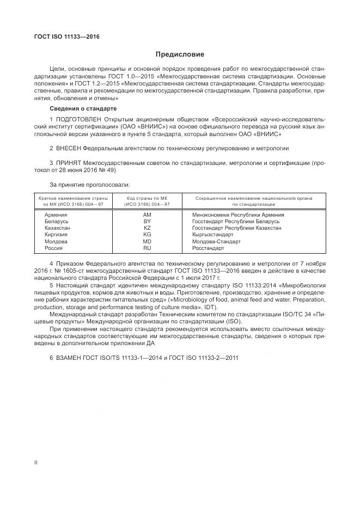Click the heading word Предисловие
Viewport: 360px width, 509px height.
pos(180,54)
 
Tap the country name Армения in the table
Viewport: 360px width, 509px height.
pos(56,216)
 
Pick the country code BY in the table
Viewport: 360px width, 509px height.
pos(147,222)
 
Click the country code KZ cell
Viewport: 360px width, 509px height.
pos(147,229)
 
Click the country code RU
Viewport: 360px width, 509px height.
pos(147,248)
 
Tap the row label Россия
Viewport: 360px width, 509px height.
pos(54,248)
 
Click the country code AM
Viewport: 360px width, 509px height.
pos(147,216)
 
